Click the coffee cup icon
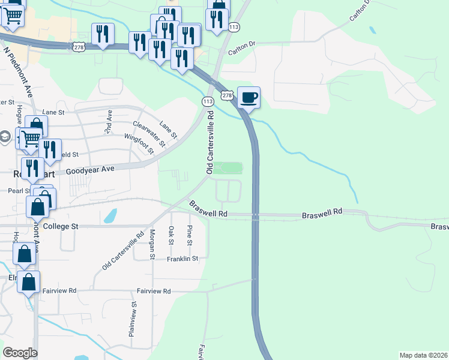tap(249, 97)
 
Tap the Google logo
tap(20, 353)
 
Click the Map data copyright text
tap(423, 355)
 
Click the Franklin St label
tap(182, 259)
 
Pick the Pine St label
tap(189, 235)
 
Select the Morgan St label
tap(152, 245)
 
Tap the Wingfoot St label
tap(139, 141)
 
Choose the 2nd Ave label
tap(108, 121)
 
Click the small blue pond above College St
tap(110, 216)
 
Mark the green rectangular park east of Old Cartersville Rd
tap(228, 168)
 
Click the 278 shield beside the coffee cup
tap(226, 95)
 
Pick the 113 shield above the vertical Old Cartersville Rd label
tap(208, 101)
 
